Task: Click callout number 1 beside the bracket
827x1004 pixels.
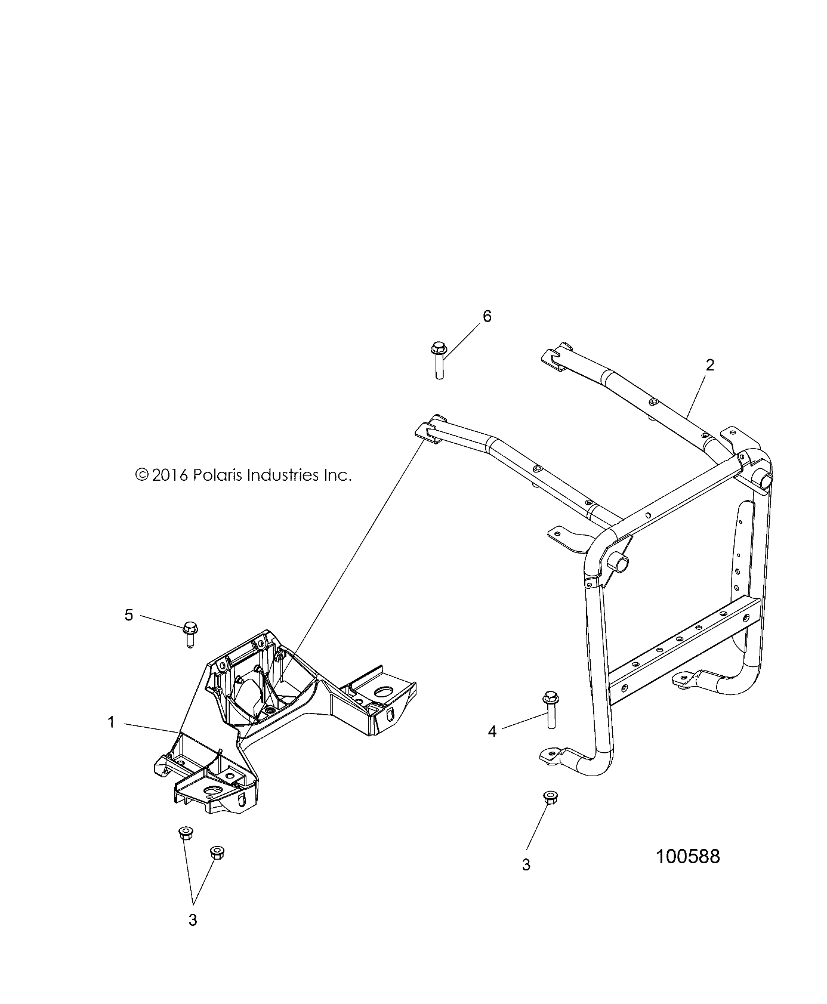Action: coord(111,723)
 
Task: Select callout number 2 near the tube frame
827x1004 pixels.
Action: coord(710,365)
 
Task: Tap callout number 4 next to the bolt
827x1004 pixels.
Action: coord(492,731)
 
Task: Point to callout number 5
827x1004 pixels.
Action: coord(129,615)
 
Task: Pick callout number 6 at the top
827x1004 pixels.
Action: coord(487,316)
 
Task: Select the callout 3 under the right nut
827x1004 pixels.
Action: coord(526,865)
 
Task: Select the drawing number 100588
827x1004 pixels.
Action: coord(687,857)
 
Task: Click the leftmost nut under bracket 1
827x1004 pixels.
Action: coord(186,833)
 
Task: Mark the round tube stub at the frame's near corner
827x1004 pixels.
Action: coord(618,563)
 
